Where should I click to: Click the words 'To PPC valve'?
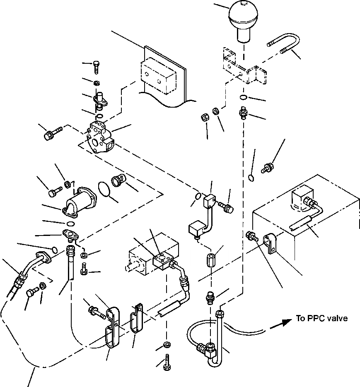tap(321, 318)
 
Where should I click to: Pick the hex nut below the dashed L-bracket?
tap(204, 118)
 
